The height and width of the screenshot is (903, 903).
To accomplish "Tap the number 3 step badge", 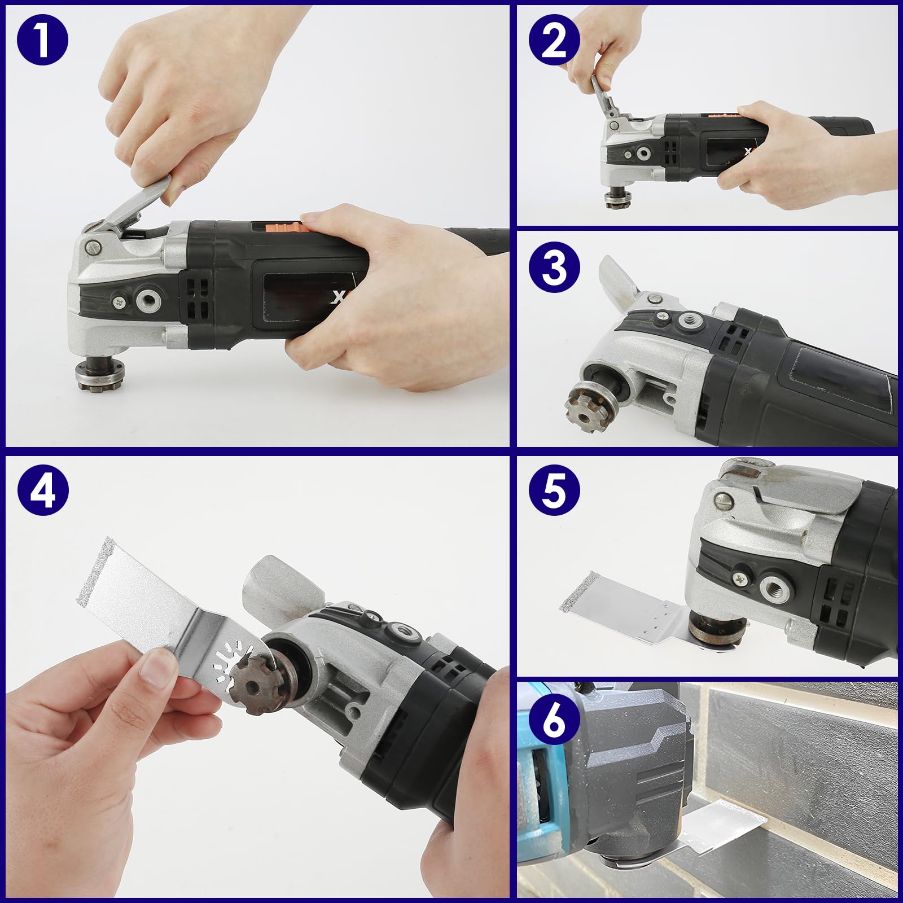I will [x=554, y=267].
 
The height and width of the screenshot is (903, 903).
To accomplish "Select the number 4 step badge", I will [x=42, y=490].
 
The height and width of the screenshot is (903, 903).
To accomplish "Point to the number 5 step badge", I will [x=554, y=489].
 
